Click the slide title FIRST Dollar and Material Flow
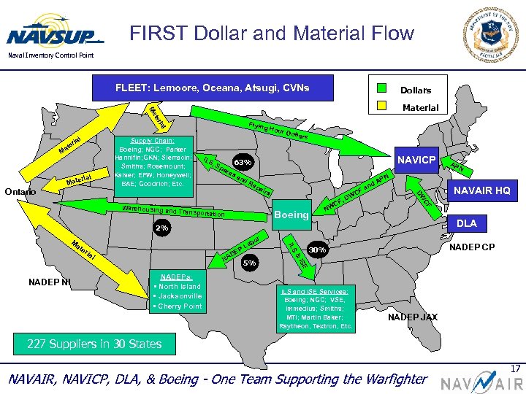click(x=271, y=33)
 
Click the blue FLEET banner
click(x=212, y=88)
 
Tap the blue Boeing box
click(x=291, y=215)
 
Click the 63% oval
click(x=243, y=161)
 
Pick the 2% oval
click(x=161, y=228)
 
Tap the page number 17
click(x=516, y=370)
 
